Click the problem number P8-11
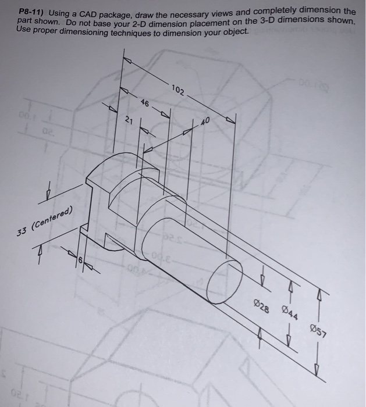point(32,12)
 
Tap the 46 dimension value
point(145,103)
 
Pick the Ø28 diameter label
point(261,306)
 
